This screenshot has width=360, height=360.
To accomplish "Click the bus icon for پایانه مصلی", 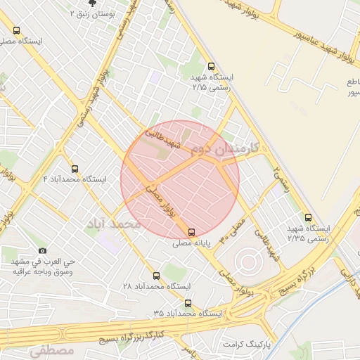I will (x=192, y=232).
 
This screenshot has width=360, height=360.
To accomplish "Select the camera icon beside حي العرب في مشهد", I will (x=43, y=251).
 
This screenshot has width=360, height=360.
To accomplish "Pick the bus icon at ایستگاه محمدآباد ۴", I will (x=75, y=169).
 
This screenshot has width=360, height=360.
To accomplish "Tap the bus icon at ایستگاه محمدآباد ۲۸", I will (x=156, y=276).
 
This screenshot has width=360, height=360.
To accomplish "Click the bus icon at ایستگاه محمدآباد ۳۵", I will (x=188, y=303).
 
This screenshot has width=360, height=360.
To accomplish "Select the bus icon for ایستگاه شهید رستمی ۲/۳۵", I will (x=308, y=217).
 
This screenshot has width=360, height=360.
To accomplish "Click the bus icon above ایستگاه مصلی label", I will (x=17, y=30).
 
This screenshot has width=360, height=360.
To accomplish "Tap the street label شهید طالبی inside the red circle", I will (x=163, y=139).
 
